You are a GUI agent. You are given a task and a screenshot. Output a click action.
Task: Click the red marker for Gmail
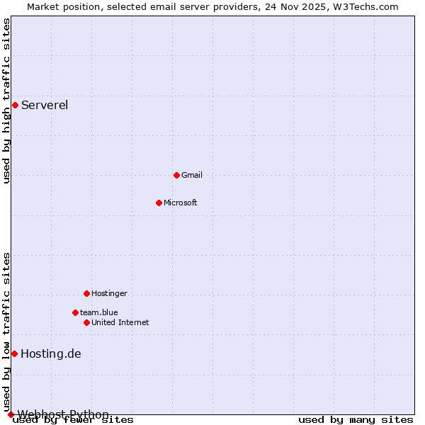click(176, 175)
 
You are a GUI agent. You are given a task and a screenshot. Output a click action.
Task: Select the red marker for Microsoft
click(159, 203)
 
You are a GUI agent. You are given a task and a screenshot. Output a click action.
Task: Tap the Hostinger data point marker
click(86, 293)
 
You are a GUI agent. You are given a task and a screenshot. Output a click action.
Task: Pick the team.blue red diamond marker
click(75, 312)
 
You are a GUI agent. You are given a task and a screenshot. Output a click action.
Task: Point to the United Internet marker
click(86, 322)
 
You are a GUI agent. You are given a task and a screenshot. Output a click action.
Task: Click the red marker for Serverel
click(15, 106)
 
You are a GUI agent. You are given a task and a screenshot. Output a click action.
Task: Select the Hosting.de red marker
click(14, 353)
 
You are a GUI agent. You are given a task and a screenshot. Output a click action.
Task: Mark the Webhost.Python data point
click(11, 414)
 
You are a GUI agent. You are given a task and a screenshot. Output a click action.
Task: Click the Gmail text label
click(192, 175)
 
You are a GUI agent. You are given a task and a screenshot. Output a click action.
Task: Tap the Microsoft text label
click(181, 203)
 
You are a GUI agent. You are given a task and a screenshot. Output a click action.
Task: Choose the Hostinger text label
click(109, 293)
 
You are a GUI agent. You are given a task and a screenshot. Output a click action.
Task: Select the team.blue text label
click(99, 312)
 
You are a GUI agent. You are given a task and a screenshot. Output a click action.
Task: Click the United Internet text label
click(120, 322)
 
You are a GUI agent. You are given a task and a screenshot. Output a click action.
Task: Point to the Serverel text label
click(45, 106)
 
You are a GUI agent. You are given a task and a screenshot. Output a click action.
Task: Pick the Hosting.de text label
click(51, 353)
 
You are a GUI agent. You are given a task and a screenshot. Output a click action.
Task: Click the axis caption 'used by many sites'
click(356, 419)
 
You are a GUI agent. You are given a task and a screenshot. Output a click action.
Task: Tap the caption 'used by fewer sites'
click(74, 419)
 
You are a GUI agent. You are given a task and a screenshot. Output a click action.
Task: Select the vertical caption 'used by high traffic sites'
click(7, 101)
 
